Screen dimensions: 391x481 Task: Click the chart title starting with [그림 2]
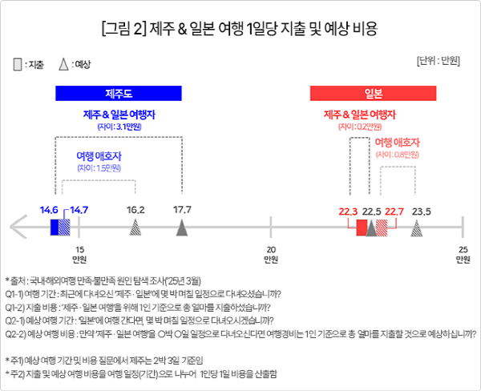[x=240, y=30]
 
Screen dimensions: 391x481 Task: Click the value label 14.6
[x=50, y=211]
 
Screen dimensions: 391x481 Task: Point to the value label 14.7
[x=79, y=211]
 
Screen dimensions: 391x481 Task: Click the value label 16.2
[x=135, y=211]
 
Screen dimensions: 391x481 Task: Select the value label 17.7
[x=183, y=211]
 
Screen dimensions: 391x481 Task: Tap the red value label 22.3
[x=349, y=212]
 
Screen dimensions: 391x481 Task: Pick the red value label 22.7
[x=394, y=212]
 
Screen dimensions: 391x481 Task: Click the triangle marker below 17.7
[x=183, y=229]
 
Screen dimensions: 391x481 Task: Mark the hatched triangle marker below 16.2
[x=135, y=229]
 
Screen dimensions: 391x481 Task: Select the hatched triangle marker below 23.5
[x=417, y=229]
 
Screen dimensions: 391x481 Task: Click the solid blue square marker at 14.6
[x=55, y=228]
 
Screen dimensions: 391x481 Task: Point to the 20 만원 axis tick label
[x=272, y=255]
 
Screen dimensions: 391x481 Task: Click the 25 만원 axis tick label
[x=463, y=255]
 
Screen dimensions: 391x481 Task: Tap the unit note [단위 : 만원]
[x=442, y=61]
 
